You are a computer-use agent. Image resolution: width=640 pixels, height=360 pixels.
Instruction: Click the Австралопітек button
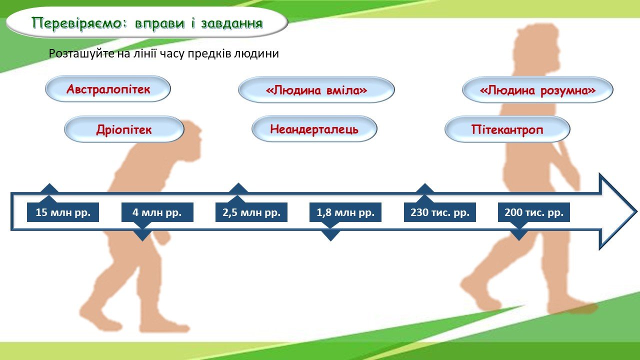pos(108,89)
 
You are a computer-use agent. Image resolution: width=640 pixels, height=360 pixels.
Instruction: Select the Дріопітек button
pos(124,129)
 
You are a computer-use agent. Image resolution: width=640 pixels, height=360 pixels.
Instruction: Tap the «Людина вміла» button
pos(316,90)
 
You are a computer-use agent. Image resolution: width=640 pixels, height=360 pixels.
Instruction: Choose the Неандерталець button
pos(314,129)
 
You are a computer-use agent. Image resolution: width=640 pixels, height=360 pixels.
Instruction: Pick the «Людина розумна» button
pos(537,90)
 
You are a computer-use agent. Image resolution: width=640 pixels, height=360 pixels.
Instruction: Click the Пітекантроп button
pos(507,129)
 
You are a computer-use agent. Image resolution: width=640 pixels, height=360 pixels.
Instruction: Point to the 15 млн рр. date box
pos(63,212)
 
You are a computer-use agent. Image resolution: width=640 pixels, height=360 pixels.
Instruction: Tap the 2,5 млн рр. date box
pos(251,212)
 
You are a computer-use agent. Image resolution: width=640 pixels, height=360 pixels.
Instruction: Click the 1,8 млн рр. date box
pos(345,212)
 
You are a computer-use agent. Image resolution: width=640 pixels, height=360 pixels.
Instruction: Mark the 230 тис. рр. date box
pos(439,212)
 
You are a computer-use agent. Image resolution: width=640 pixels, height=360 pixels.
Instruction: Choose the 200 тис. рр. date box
pos(534,212)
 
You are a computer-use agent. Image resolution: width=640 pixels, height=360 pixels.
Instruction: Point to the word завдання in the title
pos(231,23)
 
